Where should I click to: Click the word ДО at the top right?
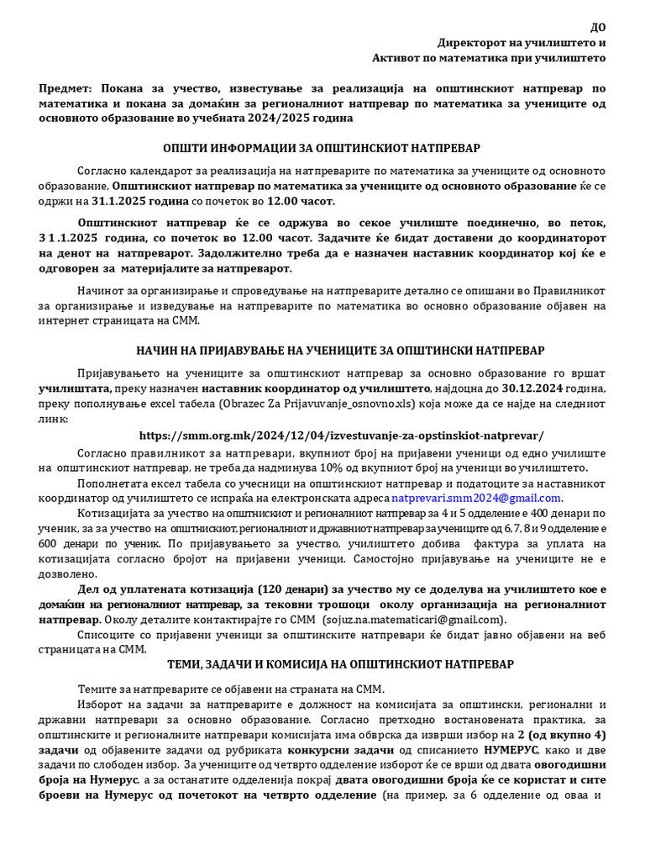pyautogui.click(x=597, y=26)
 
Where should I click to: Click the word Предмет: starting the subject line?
pyautogui.click(x=66, y=88)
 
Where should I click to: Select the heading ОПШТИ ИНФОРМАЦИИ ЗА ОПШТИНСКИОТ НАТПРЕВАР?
pyautogui.click(x=322, y=148)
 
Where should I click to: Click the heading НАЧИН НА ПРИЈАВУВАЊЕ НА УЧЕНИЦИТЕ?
pyautogui.click(x=340, y=350)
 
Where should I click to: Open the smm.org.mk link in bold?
pyautogui.click(x=341, y=435)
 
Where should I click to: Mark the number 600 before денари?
pyautogui.click(x=52, y=543)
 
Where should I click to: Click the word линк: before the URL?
pyautogui.click(x=55, y=419)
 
